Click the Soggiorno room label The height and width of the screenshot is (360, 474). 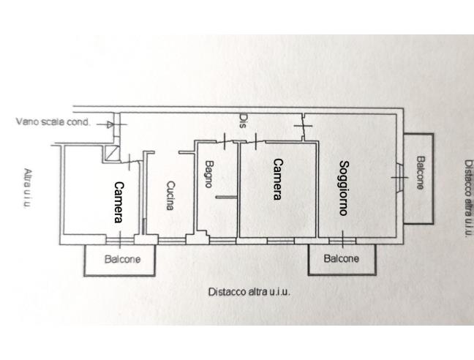[343, 187]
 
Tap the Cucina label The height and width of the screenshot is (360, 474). [170, 195]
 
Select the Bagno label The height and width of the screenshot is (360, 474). [208, 174]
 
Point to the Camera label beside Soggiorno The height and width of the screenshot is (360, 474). [278, 179]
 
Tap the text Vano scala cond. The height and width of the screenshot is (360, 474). [53, 122]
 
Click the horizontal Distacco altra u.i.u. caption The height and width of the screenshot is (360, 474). [249, 290]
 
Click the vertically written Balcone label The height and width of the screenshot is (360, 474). [419, 173]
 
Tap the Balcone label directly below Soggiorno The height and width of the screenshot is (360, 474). [341, 259]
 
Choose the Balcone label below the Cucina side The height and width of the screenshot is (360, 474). [121, 259]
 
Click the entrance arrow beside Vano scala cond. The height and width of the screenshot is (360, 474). [109, 124]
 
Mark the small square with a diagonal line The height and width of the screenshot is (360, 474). [110, 152]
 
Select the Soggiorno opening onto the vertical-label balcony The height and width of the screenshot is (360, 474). [397, 176]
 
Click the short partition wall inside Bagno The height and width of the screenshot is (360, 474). [227, 197]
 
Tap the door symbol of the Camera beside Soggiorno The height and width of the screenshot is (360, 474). [254, 140]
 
